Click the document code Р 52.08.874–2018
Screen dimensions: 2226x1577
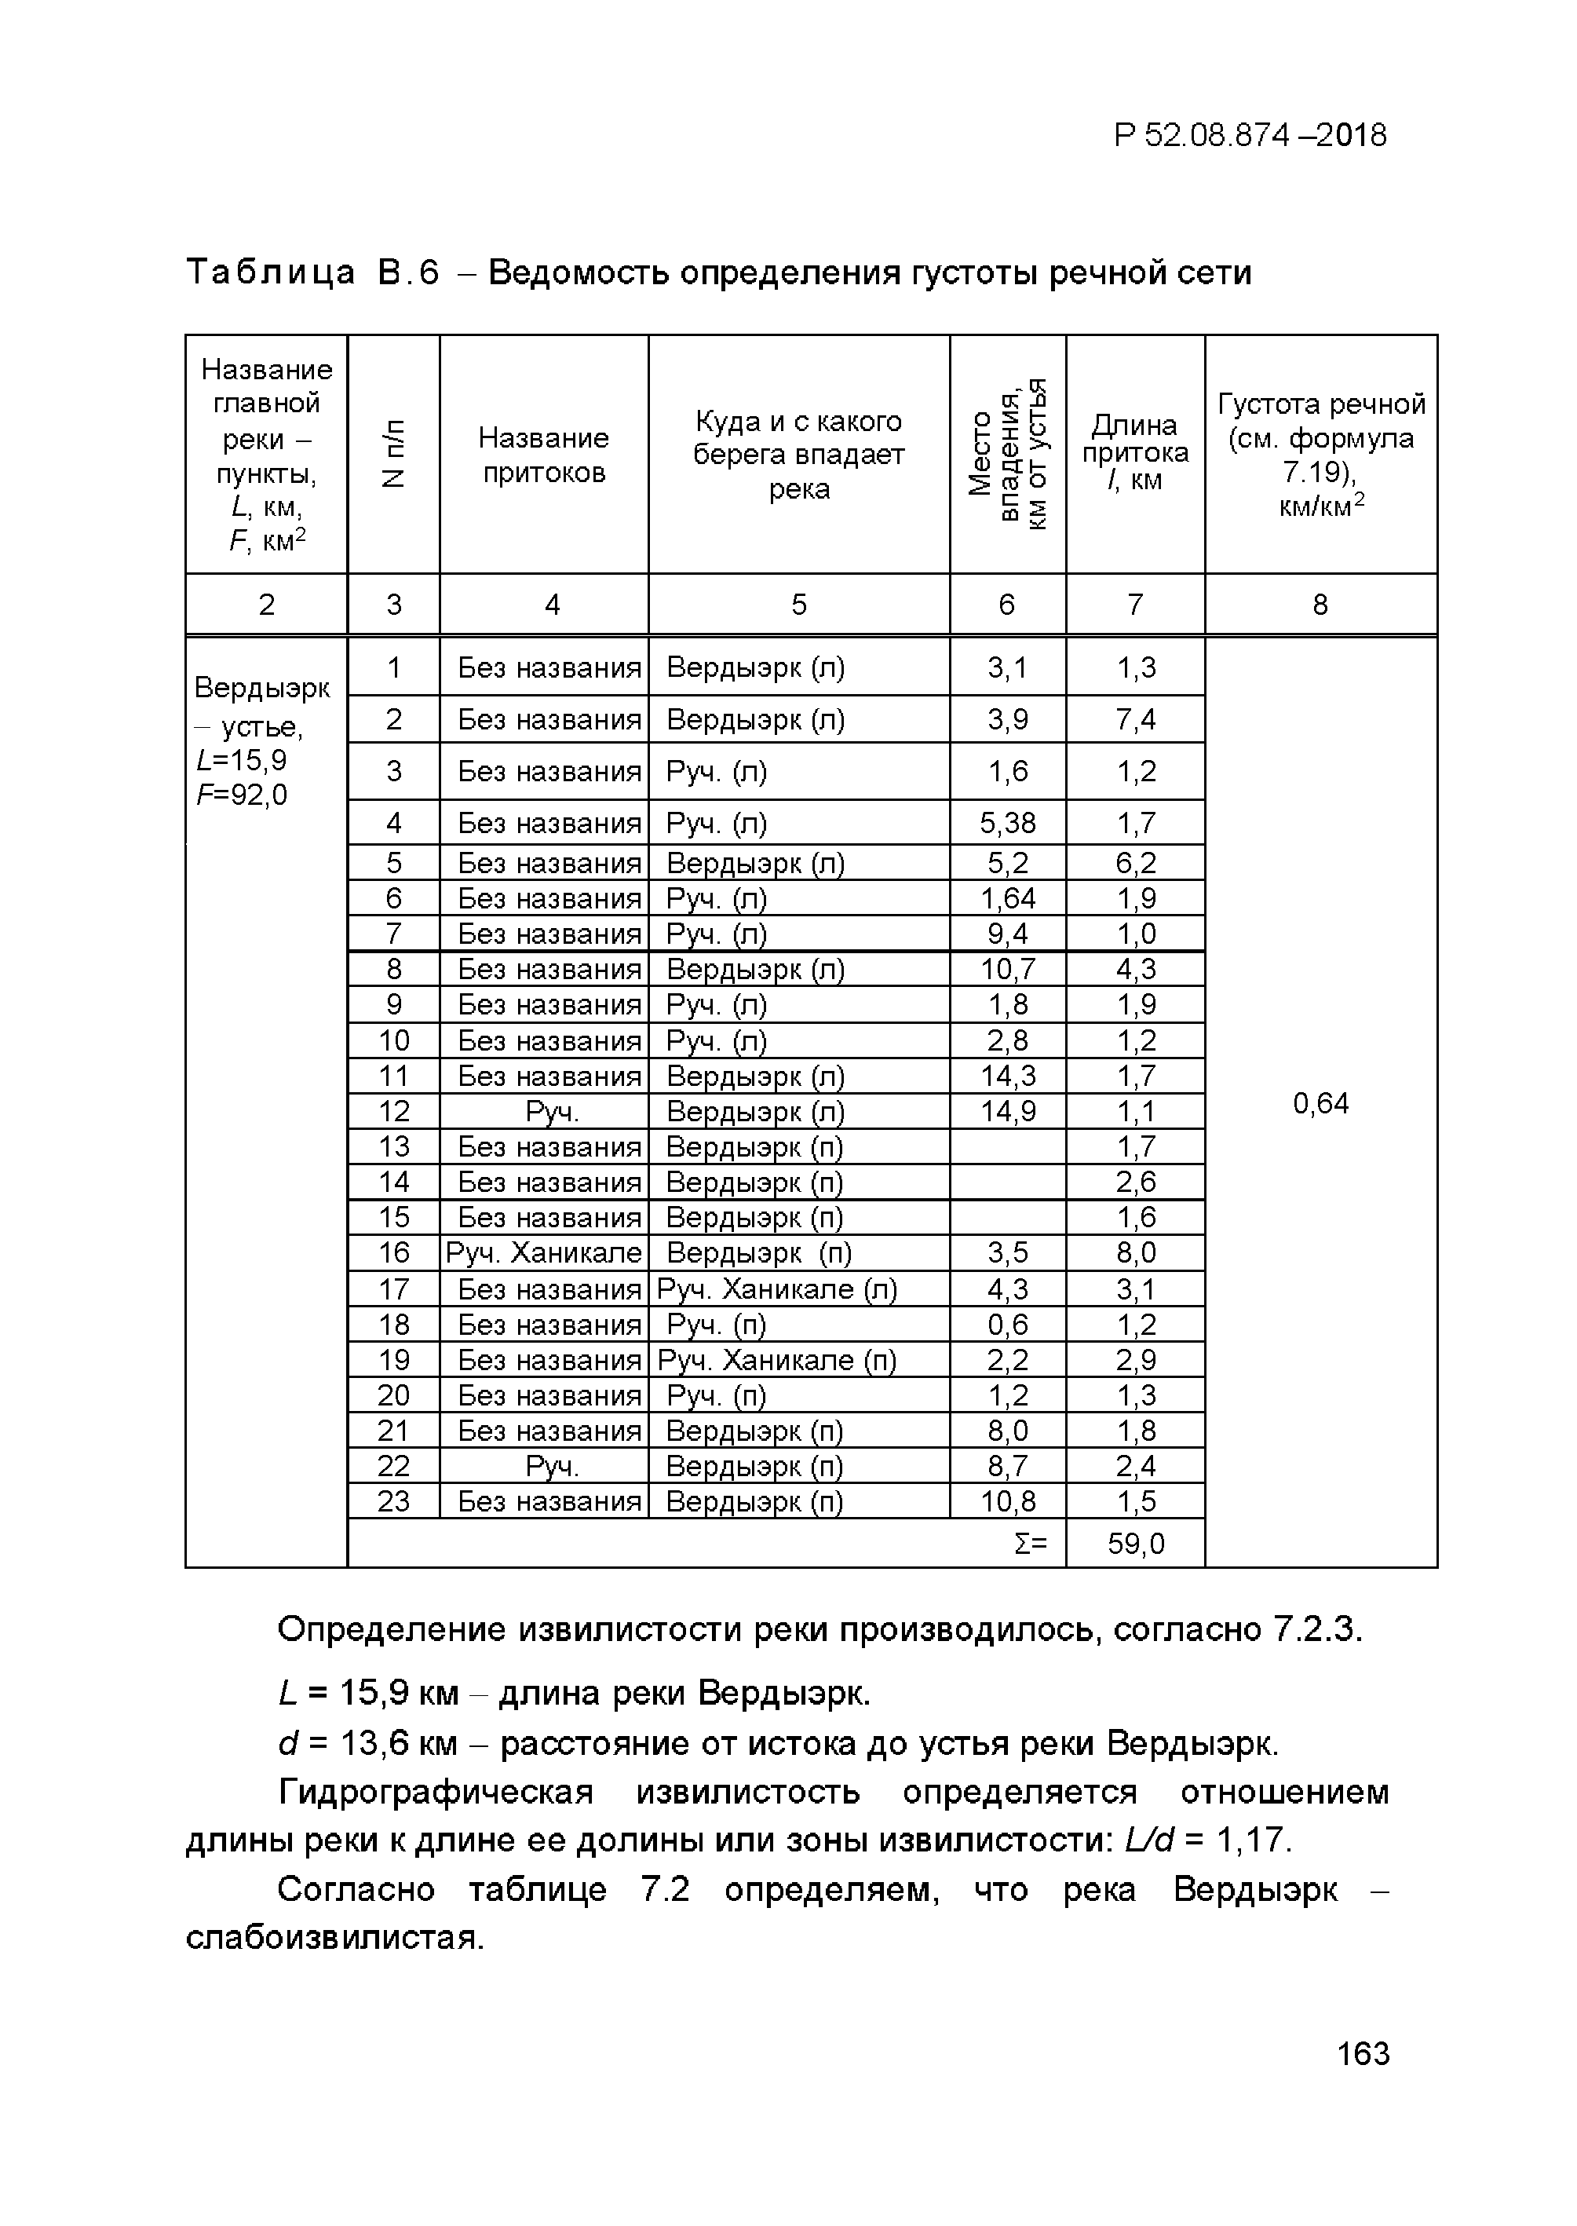point(1250,135)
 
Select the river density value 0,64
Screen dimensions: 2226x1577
point(1320,1103)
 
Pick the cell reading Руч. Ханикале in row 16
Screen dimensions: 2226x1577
point(544,1253)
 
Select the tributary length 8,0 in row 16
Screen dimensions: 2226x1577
point(1135,1253)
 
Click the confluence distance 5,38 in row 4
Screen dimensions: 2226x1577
point(1007,824)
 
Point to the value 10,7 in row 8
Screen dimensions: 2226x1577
point(1007,969)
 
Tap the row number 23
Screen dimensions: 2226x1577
point(393,1501)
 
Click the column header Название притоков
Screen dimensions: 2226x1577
point(544,455)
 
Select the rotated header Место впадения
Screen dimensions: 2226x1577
point(1007,455)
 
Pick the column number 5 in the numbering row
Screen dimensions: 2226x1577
point(798,605)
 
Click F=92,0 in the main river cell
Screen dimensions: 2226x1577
point(242,795)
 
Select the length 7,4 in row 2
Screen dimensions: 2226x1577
point(1135,720)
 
